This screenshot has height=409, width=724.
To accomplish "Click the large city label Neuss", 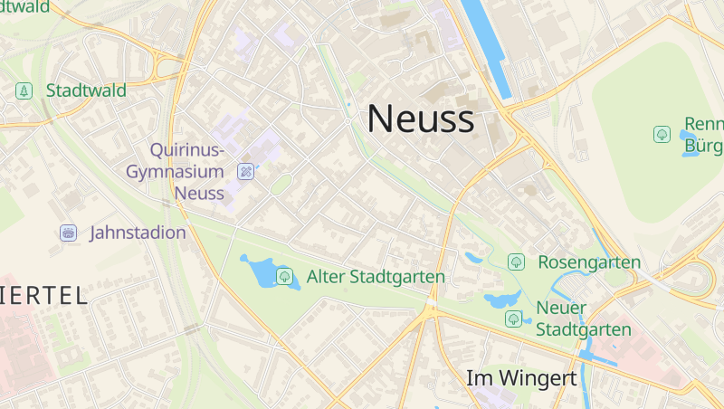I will click(420, 119).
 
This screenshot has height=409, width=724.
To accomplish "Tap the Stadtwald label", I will click(86, 90).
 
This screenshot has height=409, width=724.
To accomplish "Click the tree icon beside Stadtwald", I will click(24, 90).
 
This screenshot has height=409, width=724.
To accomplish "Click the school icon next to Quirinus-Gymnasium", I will click(244, 171).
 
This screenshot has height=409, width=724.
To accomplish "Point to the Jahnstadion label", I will click(138, 233).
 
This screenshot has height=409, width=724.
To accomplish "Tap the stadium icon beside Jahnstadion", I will click(68, 233).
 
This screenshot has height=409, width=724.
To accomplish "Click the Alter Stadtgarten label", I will click(376, 276).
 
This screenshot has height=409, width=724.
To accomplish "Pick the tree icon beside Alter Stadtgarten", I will click(285, 276).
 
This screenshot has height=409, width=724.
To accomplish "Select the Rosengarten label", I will click(589, 262).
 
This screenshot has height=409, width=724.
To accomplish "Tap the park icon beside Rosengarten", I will click(516, 262).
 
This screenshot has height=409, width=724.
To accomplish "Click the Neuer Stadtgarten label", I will click(583, 319).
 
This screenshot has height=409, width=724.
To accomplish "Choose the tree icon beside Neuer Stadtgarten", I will click(514, 319).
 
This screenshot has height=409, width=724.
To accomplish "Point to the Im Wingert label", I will click(520, 378).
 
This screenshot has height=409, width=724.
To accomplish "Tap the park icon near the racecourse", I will click(662, 134).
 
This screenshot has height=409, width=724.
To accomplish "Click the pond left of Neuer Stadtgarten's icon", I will click(497, 299).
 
